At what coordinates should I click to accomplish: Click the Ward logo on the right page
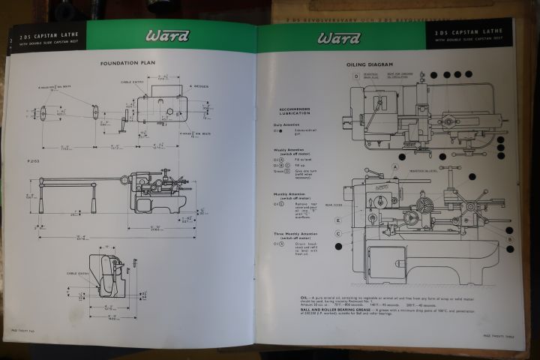(339, 38)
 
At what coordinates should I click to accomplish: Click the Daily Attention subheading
(287, 124)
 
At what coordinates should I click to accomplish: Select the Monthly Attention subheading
(289, 194)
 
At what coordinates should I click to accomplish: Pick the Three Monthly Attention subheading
(292, 233)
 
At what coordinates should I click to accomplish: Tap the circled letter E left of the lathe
(339, 220)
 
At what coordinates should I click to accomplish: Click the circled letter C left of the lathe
(339, 233)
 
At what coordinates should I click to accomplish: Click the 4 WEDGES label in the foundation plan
(199, 86)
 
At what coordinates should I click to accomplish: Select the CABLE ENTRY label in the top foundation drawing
(132, 81)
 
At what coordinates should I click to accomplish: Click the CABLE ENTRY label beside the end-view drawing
(79, 273)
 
